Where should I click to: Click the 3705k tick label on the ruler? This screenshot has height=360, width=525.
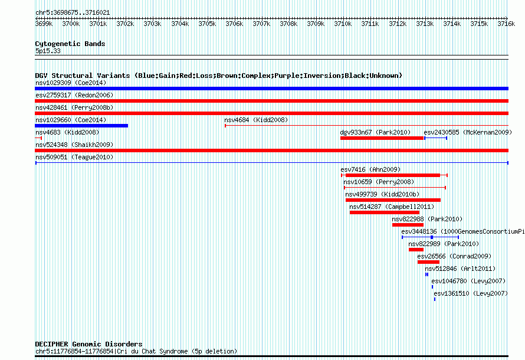pos(207,24)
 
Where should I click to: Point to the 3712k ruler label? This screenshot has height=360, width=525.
pos(398,24)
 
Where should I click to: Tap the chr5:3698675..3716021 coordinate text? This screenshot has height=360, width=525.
pos(73,13)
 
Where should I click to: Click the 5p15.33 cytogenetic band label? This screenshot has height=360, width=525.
pos(48,51)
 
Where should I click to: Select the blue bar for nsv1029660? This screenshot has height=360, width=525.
pos(81,126)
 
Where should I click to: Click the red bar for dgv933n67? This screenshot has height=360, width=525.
pos(382,138)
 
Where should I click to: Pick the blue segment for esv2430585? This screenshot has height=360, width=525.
pos(435,138)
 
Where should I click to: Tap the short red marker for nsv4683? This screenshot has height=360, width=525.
pos(38,138)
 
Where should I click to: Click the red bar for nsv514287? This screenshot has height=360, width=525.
pos(385,212)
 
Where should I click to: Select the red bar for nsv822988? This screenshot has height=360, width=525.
pos(408,225)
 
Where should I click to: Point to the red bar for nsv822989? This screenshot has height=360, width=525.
pos(416,250)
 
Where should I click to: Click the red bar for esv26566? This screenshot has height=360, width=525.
pos(428,262)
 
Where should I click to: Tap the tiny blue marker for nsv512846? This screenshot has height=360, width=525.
pos(426,274)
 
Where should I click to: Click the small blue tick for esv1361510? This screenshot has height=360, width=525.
pos(435,299)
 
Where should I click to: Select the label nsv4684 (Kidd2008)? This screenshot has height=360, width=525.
pos(256,120)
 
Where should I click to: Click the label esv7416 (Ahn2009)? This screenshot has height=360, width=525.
pos(370,169)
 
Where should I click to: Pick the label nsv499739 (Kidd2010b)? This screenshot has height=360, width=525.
pos(382,194)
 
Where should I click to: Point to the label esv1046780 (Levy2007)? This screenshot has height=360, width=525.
pos(468,281)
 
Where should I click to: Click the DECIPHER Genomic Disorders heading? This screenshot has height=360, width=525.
pos(88,344)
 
